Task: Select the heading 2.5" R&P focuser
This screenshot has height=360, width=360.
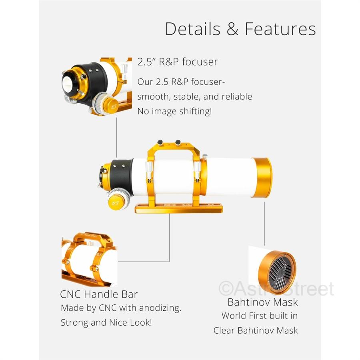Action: coord(178,62)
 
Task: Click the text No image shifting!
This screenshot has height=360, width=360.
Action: coord(174,111)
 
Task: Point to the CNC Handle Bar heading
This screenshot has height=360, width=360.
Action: coord(99,295)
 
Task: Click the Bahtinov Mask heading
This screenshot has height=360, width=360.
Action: coord(262,302)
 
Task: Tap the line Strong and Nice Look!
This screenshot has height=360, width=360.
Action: coord(106,322)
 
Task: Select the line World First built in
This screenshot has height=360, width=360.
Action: coord(260,316)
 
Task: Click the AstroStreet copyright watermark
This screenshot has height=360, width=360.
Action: coord(276,289)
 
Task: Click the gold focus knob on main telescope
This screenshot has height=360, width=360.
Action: coord(115,201)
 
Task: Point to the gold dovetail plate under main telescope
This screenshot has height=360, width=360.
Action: coord(178,208)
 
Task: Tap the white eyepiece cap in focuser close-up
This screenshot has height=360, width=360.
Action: coord(68,82)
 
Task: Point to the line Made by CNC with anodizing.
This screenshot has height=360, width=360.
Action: coord(121,308)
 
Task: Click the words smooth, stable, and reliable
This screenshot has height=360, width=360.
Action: coord(195,97)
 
